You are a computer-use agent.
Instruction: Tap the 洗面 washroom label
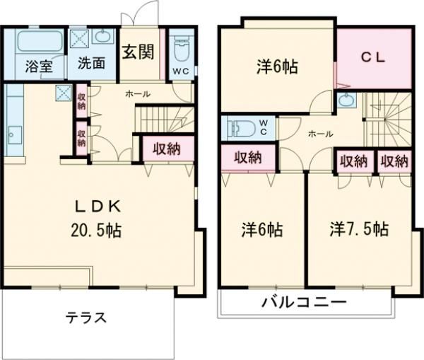92,63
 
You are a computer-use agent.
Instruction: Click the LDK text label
100,206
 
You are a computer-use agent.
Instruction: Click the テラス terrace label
87,318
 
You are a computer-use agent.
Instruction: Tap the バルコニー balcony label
305,303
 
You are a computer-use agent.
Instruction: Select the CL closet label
374,59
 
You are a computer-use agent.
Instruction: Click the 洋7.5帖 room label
358,230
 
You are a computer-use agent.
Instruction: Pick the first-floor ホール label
137,93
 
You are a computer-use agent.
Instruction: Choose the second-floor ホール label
320,133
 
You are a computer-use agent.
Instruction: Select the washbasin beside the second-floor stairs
347,100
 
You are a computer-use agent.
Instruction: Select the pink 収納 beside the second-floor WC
249,158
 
